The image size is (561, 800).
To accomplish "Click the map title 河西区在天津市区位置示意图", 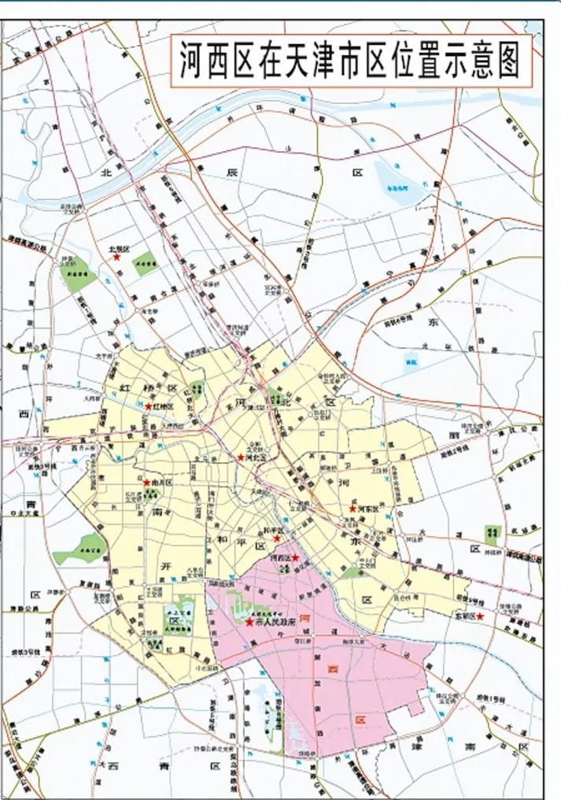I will [x=350, y=58].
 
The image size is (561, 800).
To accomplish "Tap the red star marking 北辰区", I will [x=116, y=257].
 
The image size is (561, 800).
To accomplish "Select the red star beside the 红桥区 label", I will [x=148, y=406].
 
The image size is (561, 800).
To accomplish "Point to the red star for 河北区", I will [x=241, y=457].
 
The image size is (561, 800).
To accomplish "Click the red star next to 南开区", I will [x=146, y=482].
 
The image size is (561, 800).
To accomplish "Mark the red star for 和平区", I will [x=277, y=539].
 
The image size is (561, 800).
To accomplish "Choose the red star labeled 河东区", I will [x=352, y=509].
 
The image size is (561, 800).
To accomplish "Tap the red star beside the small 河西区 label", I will [x=295, y=557].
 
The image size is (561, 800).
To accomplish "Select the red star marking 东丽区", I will [x=480, y=617].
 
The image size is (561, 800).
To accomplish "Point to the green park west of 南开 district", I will [x=80, y=549].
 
